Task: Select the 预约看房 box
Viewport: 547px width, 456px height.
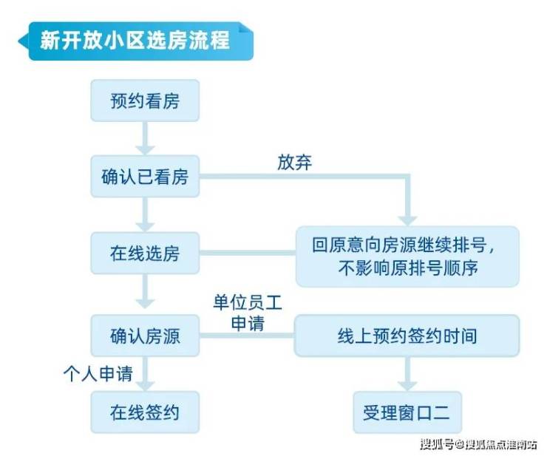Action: pos(145,101)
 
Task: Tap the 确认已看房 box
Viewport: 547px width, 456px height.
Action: pos(145,177)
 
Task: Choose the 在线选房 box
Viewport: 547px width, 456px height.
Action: pos(145,255)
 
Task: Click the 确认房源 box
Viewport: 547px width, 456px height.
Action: pos(145,337)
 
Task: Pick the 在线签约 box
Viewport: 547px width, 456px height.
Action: pos(145,412)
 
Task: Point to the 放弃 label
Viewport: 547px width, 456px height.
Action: pos(294,162)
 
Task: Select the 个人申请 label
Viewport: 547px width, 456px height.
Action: pos(98,374)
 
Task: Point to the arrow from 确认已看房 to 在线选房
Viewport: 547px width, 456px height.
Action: pos(145,215)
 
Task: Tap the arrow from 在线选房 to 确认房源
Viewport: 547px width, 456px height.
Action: pos(145,296)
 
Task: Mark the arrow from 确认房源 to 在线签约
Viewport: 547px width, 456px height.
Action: pos(145,375)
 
